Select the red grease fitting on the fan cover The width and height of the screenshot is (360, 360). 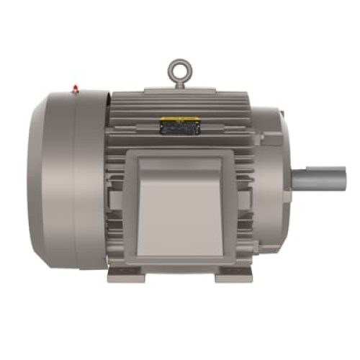click(75, 89)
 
